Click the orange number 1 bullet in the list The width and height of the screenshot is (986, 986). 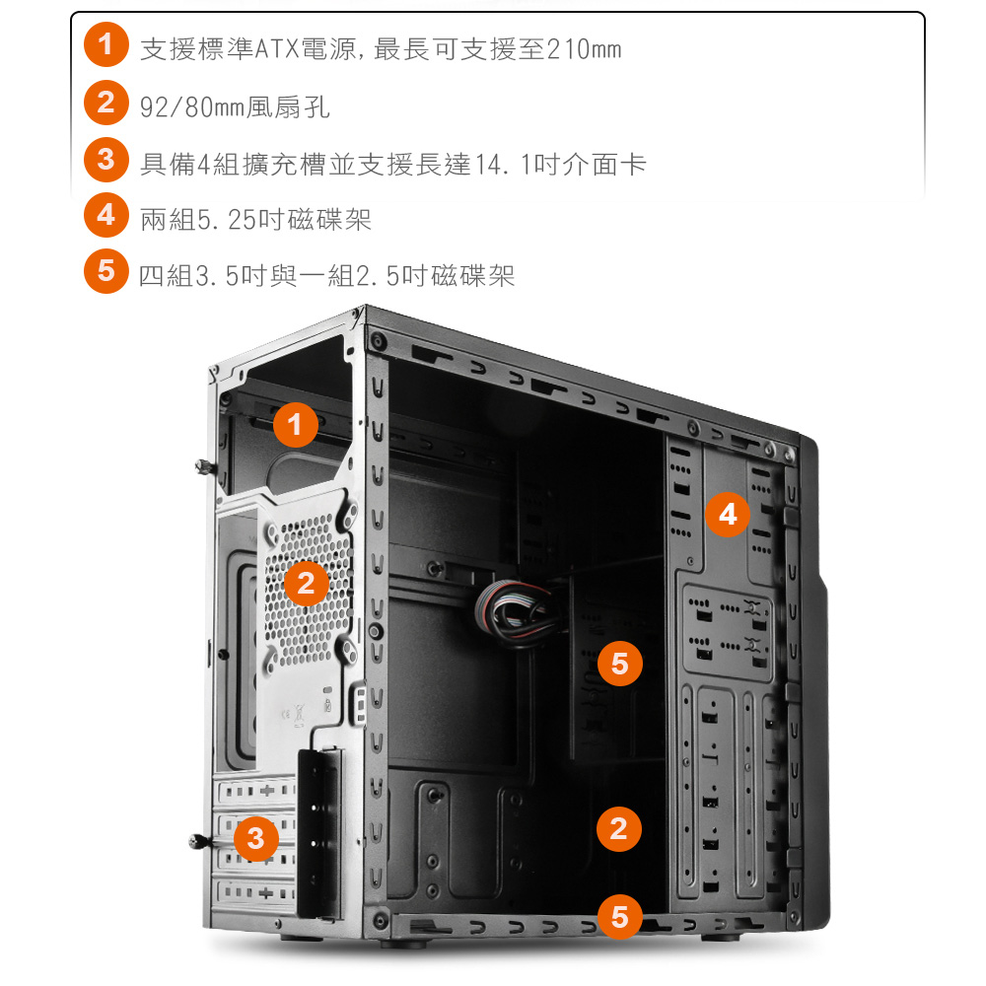coord(106,44)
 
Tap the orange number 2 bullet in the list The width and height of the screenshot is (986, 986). coord(106,103)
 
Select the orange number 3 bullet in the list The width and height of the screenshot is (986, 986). coord(106,160)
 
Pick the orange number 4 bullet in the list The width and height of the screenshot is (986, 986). coord(106,215)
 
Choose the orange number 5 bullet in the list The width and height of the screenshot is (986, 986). coord(106,271)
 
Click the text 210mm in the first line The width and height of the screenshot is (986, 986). coord(584,49)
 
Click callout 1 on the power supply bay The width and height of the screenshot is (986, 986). coord(296,424)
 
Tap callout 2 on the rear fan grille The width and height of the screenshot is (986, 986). coord(307,583)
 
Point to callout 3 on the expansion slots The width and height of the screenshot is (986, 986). coord(256,838)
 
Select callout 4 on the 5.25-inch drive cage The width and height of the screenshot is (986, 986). coord(728,515)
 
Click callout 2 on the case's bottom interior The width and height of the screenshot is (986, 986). coord(619,829)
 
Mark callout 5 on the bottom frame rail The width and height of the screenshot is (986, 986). coord(620,917)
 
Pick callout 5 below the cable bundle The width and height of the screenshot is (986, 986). coord(620,664)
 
